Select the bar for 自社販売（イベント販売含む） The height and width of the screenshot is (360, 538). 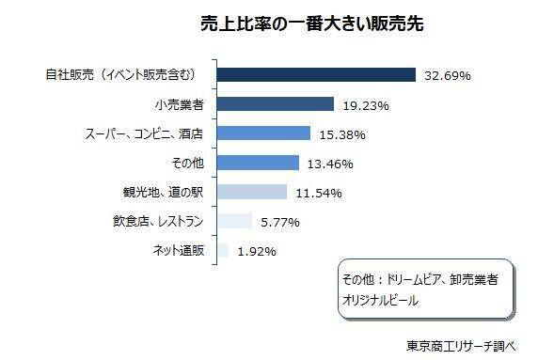coord(317,74)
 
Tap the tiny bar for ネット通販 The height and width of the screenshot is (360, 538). coord(223,250)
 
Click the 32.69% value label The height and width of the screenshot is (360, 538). coord(446,75)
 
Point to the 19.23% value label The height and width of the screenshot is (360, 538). coord(364,105)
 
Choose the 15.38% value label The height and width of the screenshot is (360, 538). coord(340,134)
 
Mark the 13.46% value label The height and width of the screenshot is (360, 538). coord(328,164)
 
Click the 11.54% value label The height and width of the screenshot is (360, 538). coord(317,194)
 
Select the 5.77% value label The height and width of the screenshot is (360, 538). coord(279,223)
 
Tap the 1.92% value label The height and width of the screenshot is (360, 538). coord(256,252)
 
